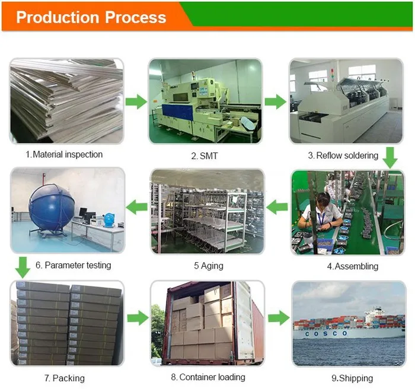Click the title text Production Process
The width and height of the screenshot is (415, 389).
[x=91, y=17]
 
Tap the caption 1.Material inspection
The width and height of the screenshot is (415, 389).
[x=64, y=154]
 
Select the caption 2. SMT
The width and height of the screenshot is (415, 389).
[x=205, y=156]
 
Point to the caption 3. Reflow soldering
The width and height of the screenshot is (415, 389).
[x=343, y=155]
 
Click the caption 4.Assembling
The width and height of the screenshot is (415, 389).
[x=353, y=266]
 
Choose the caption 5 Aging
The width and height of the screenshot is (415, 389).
[x=209, y=266]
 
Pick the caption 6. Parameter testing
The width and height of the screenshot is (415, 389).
[x=74, y=265]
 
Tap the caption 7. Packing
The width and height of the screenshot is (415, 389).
[x=64, y=378]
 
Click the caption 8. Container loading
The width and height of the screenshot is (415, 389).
[x=208, y=377]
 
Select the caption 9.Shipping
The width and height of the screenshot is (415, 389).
[x=352, y=378]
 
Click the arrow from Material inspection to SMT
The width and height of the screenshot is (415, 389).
[x=136, y=101]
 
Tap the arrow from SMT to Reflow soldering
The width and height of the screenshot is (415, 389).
[x=276, y=101]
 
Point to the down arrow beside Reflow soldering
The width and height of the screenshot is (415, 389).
[x=390, y=158]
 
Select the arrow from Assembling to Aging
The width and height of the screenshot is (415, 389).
[x=277, y=207]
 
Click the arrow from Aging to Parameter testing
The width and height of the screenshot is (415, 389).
[x=136, y=207]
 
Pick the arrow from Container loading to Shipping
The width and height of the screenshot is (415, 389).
[x=279, y=318]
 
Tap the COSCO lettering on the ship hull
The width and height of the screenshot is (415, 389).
[x=326, y=334]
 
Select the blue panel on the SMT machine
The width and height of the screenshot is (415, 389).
[x=178, y=111]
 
